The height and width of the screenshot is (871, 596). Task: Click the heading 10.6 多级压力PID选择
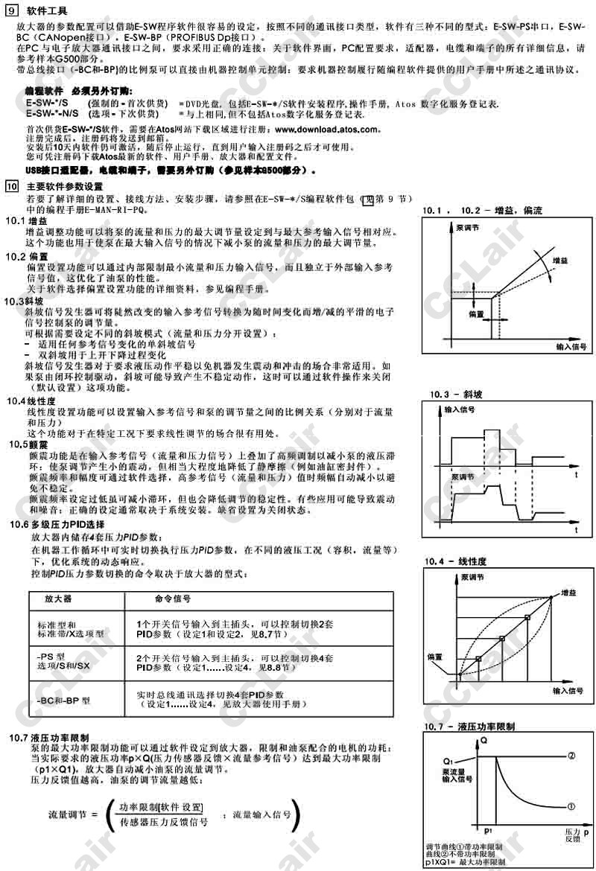[57, 525]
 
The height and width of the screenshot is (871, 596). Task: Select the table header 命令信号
[172, 599]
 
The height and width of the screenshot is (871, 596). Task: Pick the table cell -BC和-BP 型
[64, 701]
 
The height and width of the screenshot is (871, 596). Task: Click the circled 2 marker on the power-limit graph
[571, 756]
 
